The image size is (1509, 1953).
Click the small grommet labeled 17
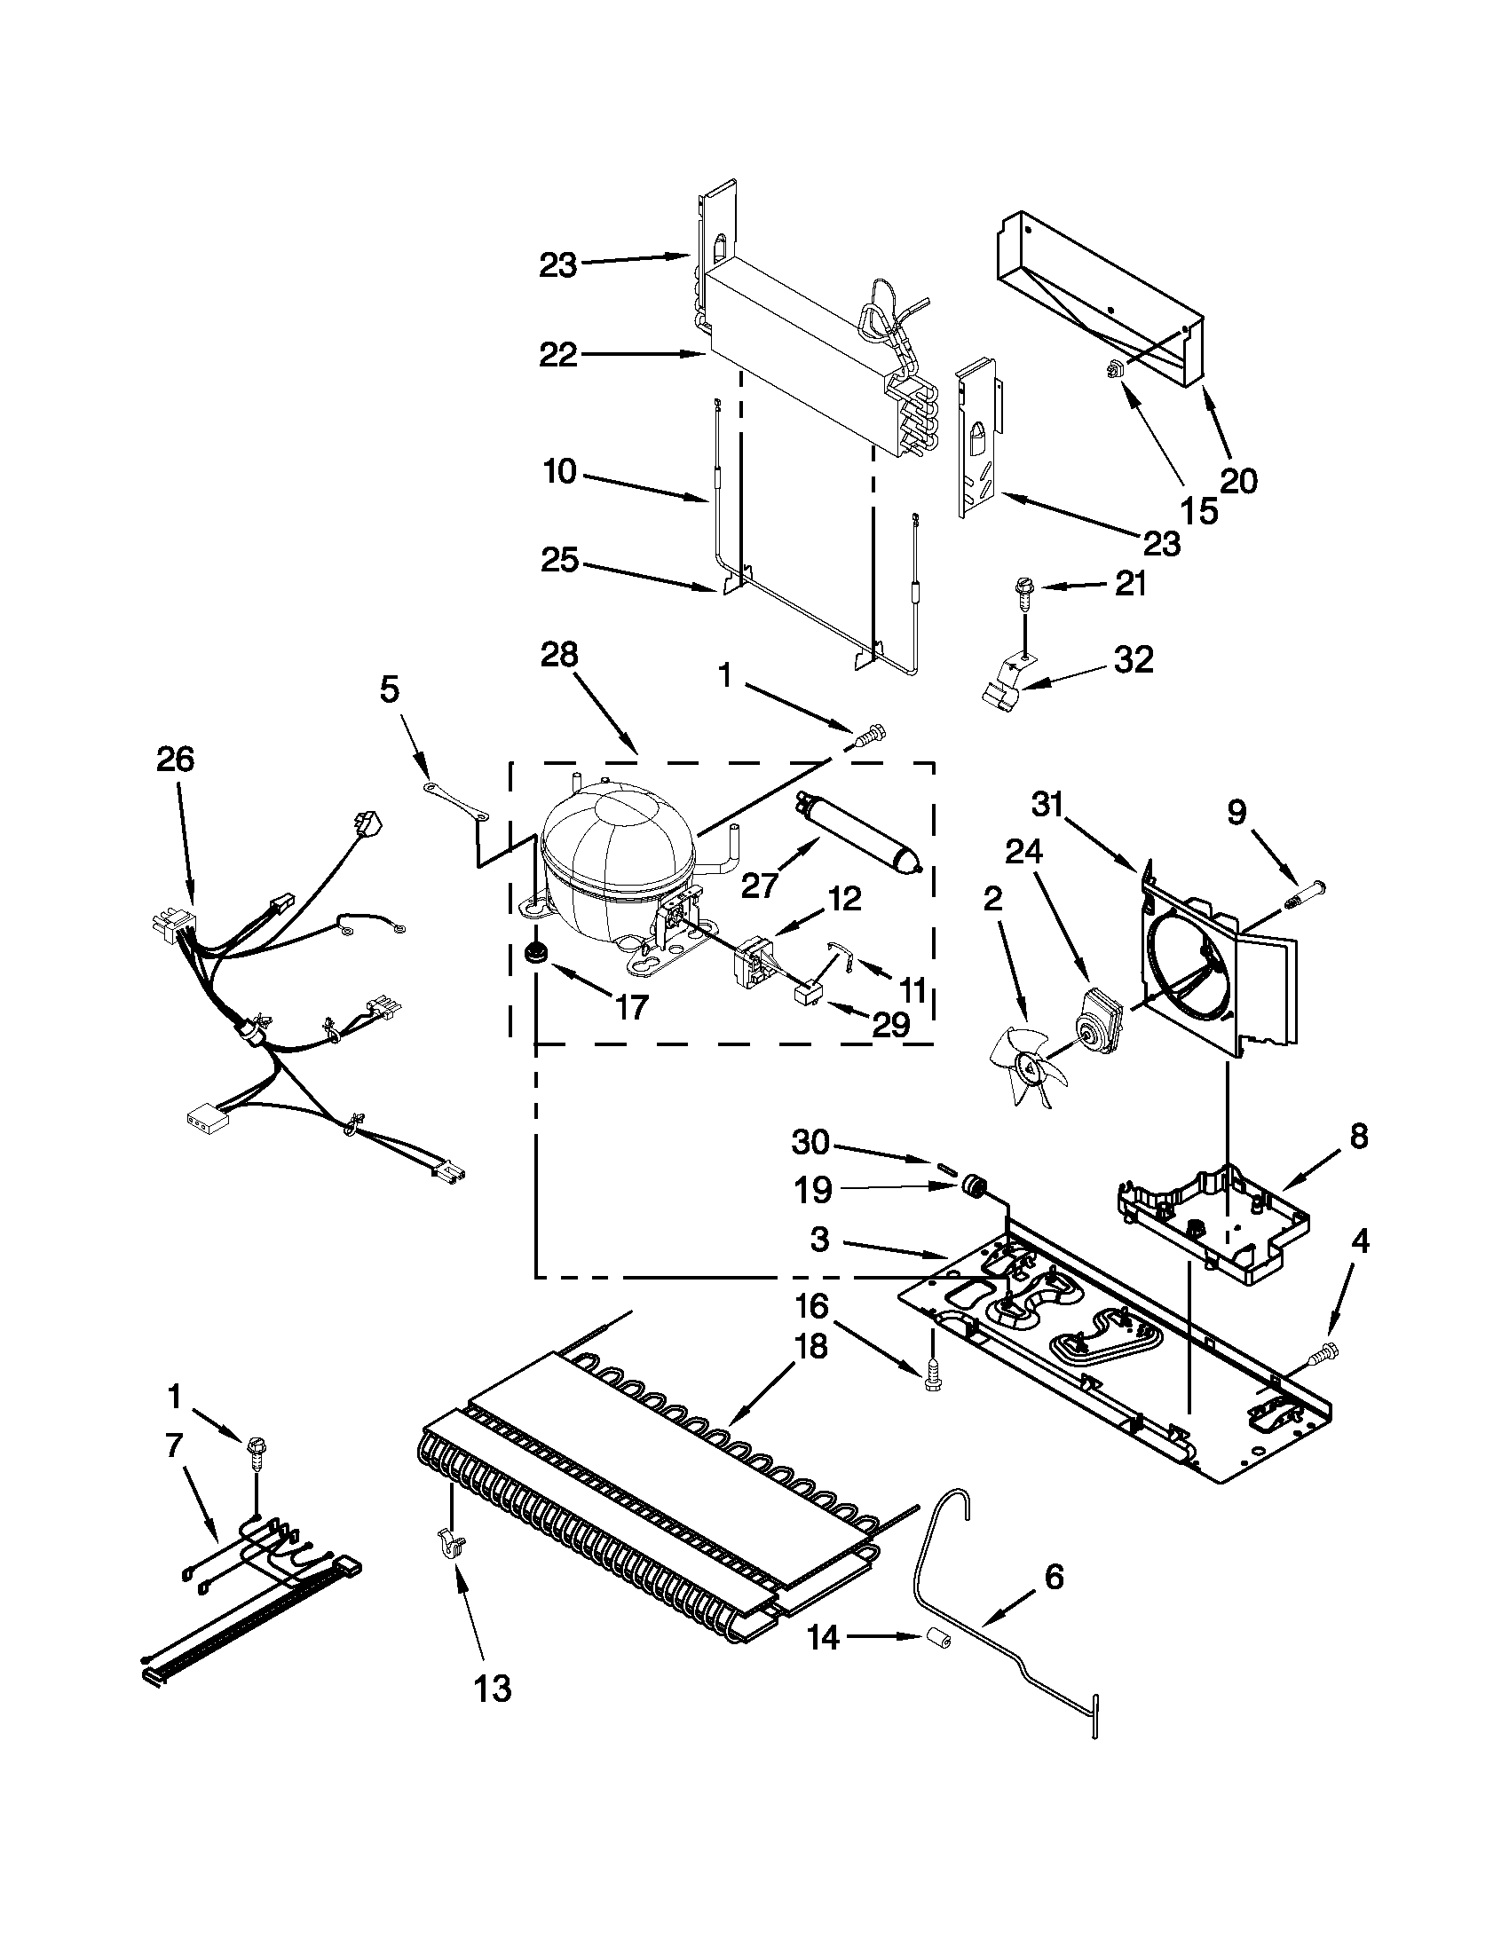(538, 952)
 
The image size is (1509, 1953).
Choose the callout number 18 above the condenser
(810, 1345)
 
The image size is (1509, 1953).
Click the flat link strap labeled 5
(456, 800)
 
